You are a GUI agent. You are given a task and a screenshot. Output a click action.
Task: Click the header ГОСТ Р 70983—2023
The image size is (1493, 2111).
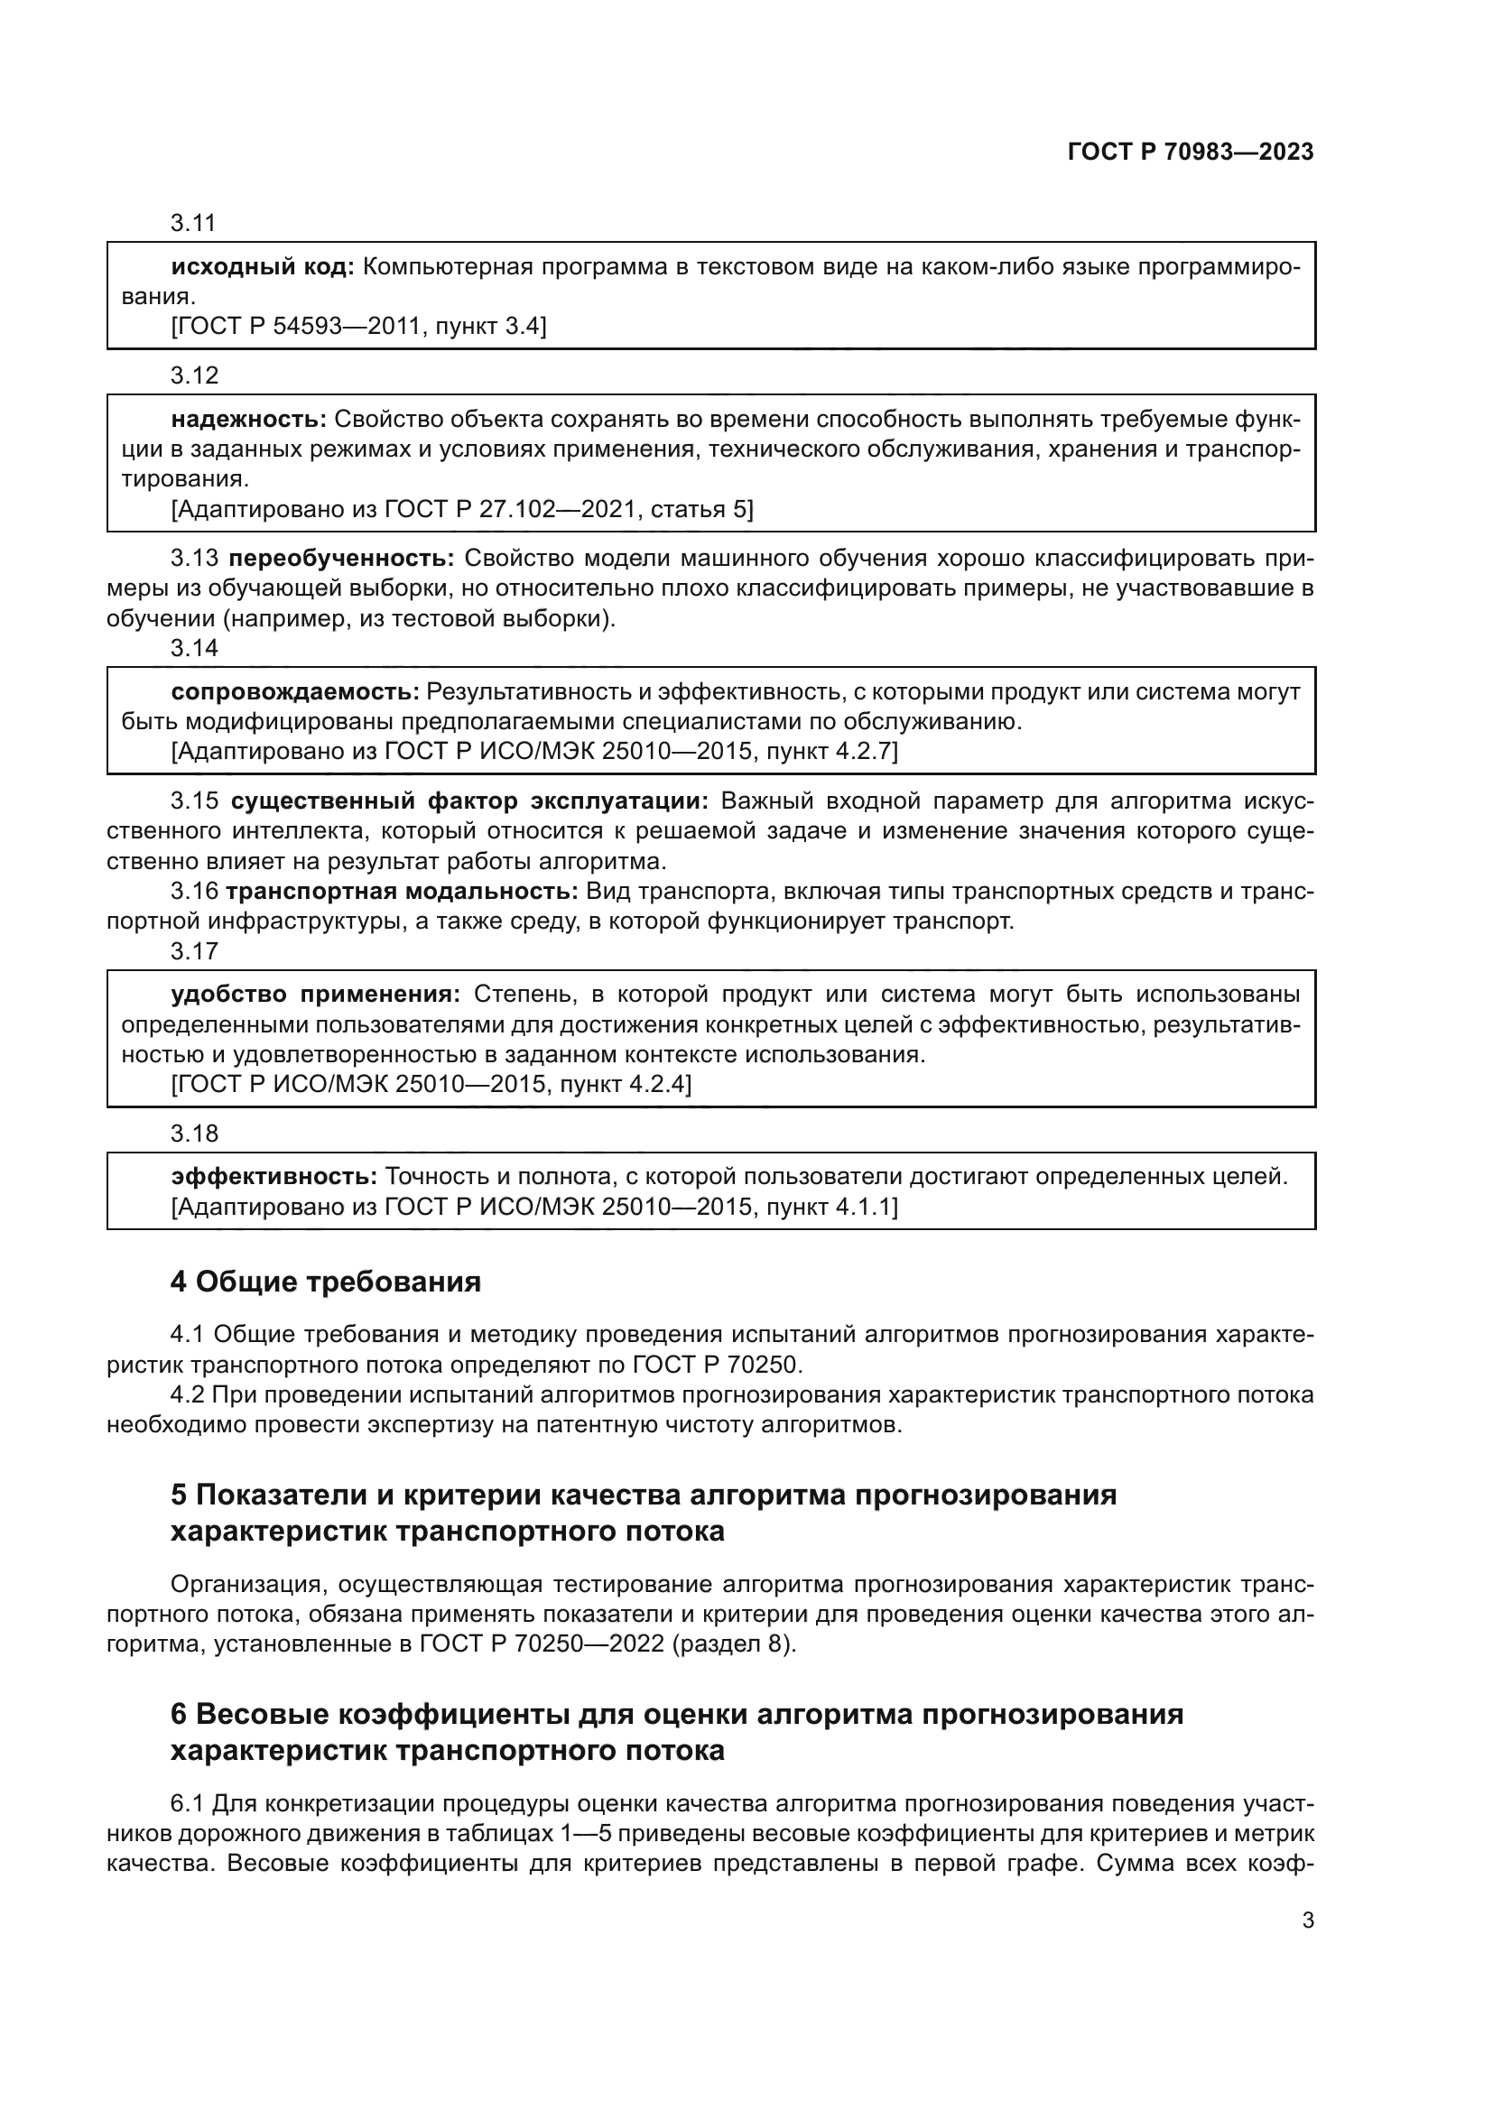pos(1191,153)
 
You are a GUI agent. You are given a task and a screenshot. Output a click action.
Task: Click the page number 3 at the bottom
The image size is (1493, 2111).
pos(1307,1920)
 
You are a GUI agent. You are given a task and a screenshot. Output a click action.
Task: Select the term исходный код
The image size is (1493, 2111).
pos(262,267)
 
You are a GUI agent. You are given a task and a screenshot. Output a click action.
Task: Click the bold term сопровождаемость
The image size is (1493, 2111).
pos(295,691)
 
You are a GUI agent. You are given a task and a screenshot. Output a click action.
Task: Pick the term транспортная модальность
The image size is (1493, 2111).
pos(402,891)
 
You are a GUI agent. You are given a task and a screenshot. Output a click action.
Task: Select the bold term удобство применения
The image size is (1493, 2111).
pos(315,995)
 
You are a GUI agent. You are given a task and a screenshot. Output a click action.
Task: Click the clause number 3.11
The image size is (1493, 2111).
pos(193,224)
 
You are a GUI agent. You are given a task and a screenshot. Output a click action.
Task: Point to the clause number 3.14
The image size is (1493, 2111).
pos(193,648)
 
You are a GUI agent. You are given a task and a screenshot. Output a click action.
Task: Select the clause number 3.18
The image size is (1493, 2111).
pos(193,1134)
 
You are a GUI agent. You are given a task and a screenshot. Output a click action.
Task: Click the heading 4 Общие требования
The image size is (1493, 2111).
pos(326,1282)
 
